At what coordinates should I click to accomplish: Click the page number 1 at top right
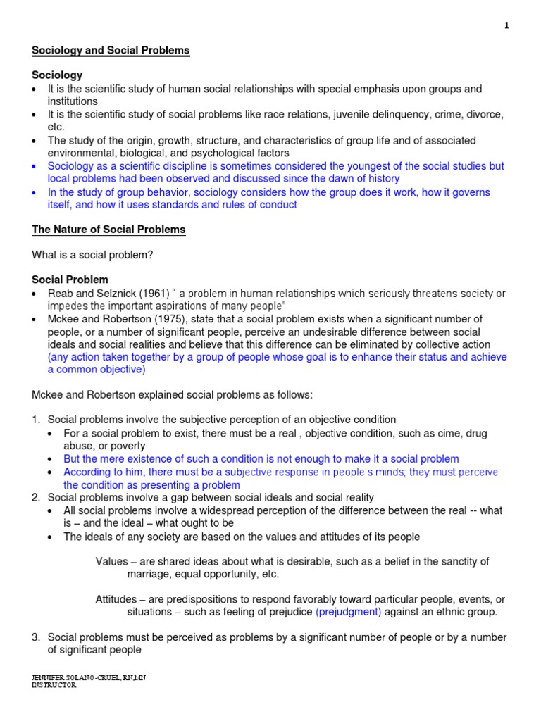pos(506,26)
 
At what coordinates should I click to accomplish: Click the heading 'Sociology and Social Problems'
pos(111,51)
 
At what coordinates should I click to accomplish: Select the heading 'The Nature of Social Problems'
pos(108,229)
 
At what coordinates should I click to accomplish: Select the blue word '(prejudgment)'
pos(348,612)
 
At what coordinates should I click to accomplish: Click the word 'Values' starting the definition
pos(110,561)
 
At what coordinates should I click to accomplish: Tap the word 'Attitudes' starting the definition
pos(116,599)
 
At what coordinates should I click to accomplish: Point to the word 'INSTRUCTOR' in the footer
pos(54,685)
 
